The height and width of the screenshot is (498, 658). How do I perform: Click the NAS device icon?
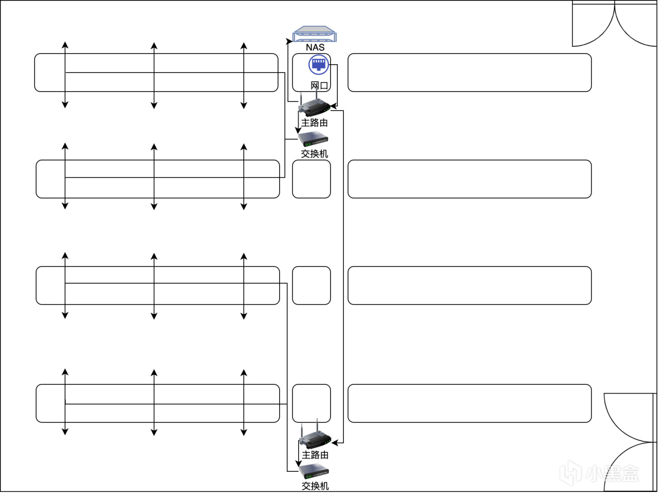pos(315,34)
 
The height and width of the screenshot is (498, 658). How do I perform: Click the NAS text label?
pos(315,47)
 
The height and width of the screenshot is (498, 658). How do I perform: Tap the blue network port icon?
pos(319,65)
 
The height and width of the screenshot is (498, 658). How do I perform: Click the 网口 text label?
pos(319,85)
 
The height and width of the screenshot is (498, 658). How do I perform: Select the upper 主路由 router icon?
pos(314,107)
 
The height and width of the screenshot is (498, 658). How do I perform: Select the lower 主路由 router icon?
pos(315,438)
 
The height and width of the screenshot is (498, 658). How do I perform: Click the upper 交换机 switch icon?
pos(313,139)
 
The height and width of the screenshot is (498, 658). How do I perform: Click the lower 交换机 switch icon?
pos(314,471)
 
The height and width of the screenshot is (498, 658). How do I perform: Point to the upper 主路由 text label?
pos(314,123)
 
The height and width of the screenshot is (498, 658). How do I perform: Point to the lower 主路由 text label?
pos(315,455)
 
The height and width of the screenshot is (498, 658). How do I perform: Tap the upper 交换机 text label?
pos(314,154)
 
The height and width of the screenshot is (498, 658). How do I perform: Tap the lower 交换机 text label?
pos(315,486)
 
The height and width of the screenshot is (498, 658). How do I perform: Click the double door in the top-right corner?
pos(614,24)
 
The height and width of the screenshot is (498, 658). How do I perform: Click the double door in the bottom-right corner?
pos(630,442)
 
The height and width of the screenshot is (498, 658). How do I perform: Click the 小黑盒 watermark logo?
pos(599,473)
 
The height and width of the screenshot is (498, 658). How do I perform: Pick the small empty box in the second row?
pos(312,179)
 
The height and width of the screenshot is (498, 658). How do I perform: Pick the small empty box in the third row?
pos(312,285)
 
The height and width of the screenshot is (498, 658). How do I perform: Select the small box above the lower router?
pos(312,403)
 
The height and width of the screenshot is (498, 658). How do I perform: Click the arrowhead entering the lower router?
pos(335,442)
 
